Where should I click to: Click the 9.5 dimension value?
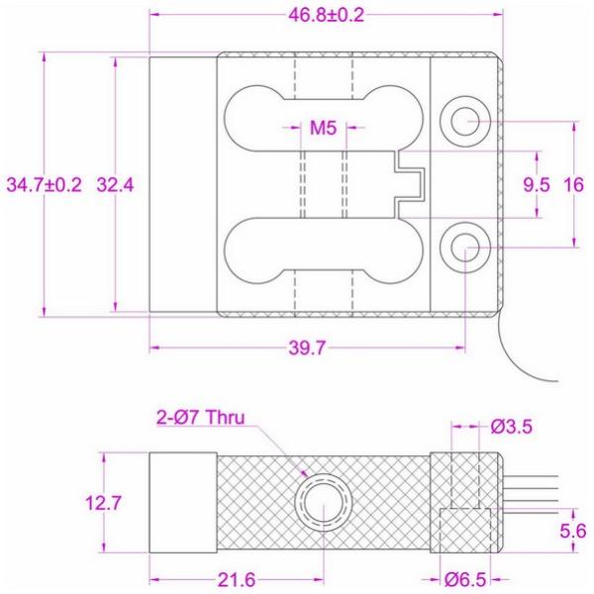pos(536,185)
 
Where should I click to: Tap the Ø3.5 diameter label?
pos(516,428)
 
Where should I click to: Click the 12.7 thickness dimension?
pos(104,504)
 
